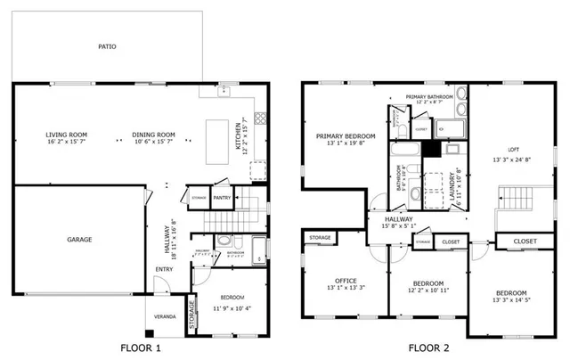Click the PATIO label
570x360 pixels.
[107, 46]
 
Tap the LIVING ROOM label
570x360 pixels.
[65, 135]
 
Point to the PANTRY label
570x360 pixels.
[223, 198]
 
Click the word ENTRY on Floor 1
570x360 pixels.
[165, 269]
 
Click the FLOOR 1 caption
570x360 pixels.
[141, 348]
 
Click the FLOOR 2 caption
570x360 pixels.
[428, 348]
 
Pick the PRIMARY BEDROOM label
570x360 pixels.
[345, 136]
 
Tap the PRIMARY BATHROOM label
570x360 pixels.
[429, 96]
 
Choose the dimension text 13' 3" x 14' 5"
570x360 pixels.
[510, 302]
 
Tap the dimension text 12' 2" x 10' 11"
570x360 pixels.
[429, 290]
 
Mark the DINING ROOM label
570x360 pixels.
[154, 135]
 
